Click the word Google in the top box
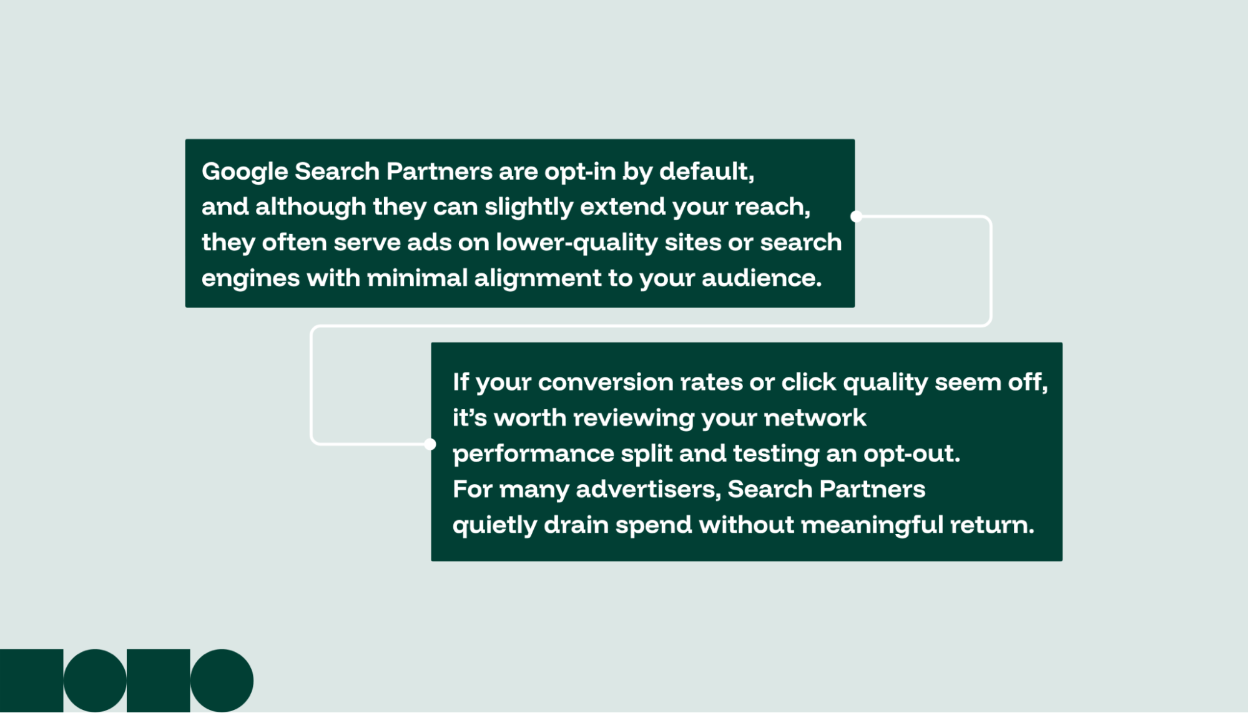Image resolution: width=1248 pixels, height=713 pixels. coord(245,172)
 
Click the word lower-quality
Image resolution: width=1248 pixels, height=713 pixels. coord(576,243)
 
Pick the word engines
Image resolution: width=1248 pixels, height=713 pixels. coord(250,278)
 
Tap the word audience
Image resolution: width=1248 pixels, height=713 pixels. coord(761,278)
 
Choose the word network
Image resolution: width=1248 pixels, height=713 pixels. coord(815,418)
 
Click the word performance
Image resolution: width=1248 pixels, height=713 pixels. coord(533,454)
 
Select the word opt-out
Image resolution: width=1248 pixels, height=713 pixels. coord(911,454)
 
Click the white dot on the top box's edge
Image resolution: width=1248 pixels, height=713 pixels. coord(857,216)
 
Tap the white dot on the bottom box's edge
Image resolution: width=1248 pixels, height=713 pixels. coord(430,444)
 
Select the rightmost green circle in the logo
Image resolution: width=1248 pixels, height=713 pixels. coord(222,681)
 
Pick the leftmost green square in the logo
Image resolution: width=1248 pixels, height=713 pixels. coord(31,681)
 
